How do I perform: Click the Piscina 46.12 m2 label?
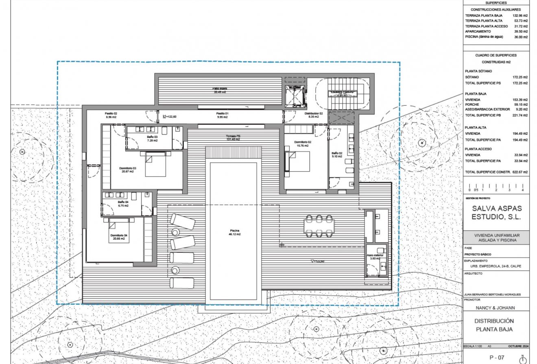pyautogui.click(x=233, y=233)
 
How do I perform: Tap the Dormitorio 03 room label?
pyautogui.click(x=127, y=170)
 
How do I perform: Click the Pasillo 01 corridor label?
pyautogui.click(x=222, y=115)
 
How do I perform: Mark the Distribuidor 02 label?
pyautogui.click(x=314, y=115)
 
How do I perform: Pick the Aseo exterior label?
pyautogui.click(x=375, y=257)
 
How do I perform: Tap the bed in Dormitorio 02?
pyautogui.click(x=299, y=161)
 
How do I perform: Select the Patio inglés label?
pyautogui.click(x=219, y=90)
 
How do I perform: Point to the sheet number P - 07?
pyautogui.click(x=496, y=357)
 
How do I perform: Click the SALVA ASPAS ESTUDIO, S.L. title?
pyautogui.click(x=496, y=213)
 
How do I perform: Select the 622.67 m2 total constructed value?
pyautogui.click(x=520, y=172)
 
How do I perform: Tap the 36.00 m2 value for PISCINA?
pyautogui.click(x=520, y=37)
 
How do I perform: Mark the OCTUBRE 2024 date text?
pyautogui.click(x=518, y=346)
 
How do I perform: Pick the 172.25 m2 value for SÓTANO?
pyautogui.click(x=520, y=77)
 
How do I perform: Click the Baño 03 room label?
pyautogui.click(x=152, y=138)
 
